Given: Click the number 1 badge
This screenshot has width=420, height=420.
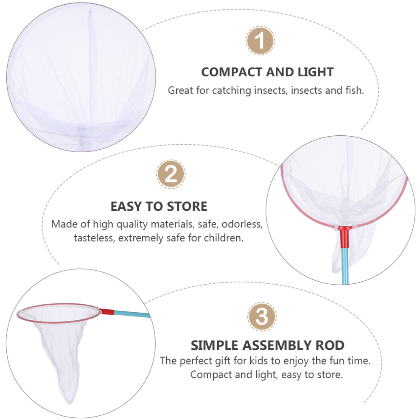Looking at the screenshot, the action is pyautogui.click(x=260, y=41).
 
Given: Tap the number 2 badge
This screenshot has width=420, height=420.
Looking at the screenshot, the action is pyautogui.click(x=171, y=174).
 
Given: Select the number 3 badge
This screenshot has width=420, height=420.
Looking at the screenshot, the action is pyautogui.click(x=262, y=316).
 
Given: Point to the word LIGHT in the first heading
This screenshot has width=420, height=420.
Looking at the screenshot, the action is pyautogui.click(x=316, y=72).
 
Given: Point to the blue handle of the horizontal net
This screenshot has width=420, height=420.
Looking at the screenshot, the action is pyautogui.click(x=132, y=314).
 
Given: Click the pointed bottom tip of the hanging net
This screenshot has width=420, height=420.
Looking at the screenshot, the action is pyautogui.click(x=70, y=402).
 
